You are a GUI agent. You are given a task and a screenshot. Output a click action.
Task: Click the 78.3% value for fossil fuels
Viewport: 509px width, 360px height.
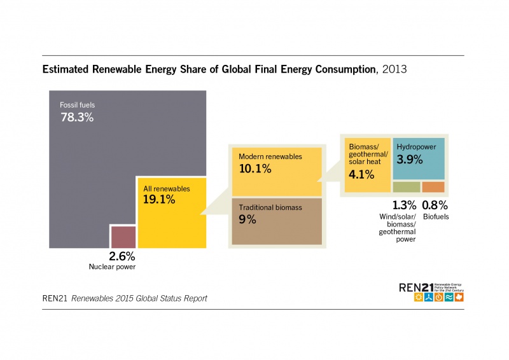(77, 117)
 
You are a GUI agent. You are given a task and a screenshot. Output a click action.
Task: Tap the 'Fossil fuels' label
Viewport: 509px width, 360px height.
(77, 104)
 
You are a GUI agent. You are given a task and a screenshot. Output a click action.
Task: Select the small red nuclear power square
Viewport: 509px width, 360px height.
(123, 237)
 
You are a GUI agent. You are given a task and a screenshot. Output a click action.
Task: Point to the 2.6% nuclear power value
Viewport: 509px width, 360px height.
(122, 256)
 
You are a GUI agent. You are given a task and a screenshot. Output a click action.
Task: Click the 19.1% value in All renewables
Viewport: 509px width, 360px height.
(159, 199)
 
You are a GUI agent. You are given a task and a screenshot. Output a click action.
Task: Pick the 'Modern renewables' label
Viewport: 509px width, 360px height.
(270, 156)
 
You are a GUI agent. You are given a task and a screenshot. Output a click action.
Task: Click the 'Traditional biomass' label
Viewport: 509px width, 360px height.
(270, 207)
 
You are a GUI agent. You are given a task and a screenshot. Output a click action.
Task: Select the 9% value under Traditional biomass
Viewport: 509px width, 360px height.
(248, 219)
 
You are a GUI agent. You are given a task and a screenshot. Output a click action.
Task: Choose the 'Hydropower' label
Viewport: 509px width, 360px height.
(416, 147)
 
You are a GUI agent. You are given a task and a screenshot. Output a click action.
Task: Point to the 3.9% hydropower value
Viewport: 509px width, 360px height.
(410, 160)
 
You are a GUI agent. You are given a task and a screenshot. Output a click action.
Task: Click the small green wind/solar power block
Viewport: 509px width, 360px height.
(407, 187)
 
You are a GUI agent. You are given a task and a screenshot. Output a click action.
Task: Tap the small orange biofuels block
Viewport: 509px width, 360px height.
(433, 187)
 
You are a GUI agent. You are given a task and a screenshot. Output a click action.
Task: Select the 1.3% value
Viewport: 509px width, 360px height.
(404, 205)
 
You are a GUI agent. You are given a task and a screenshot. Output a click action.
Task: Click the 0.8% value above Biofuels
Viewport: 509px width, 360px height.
(435, 205)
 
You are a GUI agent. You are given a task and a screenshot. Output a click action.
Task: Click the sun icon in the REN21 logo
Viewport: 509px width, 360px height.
(419, 297)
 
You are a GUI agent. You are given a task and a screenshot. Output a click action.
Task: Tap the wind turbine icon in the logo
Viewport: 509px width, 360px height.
(429, 297)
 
